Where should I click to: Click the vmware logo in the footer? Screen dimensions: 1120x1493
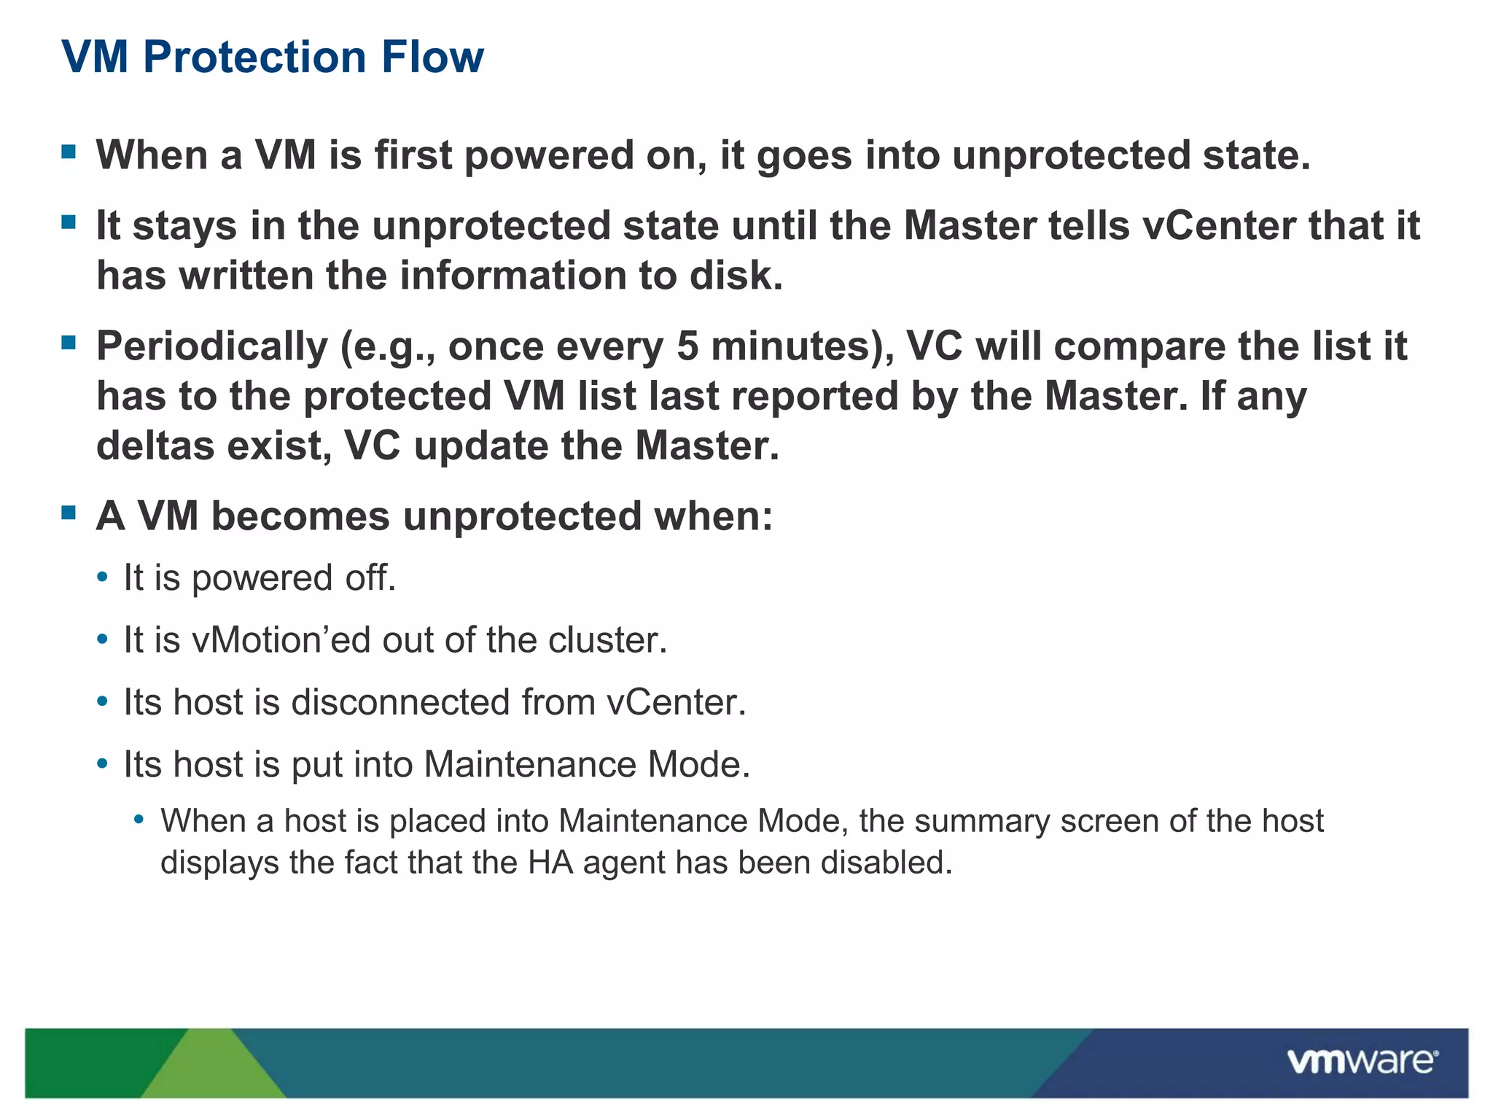coord(1362,1061)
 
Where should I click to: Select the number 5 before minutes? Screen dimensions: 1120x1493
coord(687,346)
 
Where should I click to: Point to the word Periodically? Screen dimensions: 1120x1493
coord(212,348)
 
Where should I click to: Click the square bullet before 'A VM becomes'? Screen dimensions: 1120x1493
coord(69,514)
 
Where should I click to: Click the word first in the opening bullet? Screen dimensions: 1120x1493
coord(413,155)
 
